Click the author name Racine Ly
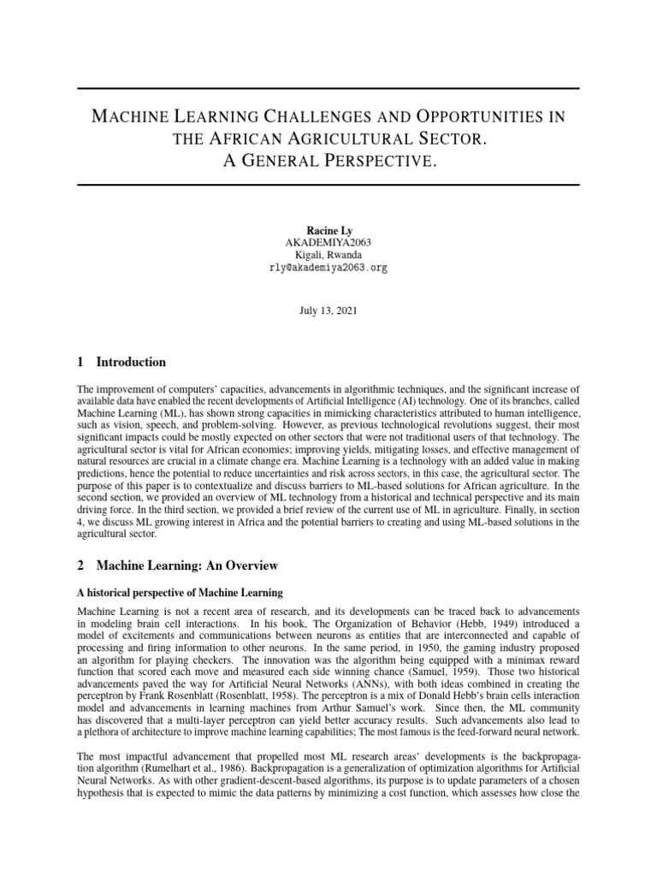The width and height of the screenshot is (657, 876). click(328, 230)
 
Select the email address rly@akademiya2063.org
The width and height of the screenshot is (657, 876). click(328, 267)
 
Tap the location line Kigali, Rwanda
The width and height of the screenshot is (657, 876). click(328, 255)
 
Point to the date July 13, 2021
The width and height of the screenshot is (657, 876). click(328, 311)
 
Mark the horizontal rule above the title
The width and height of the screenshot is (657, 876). click(328, 89)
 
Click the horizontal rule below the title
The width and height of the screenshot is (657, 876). click(328, 185)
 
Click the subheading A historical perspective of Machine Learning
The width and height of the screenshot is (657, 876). click(180, 593)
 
